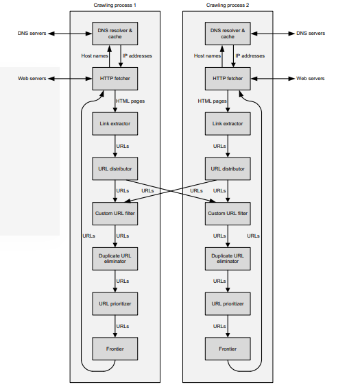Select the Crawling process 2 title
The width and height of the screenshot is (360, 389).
click(x=228, y=5)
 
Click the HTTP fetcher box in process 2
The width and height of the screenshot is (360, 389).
click(x=228, y=79)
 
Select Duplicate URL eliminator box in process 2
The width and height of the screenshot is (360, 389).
click(x=228, y=258)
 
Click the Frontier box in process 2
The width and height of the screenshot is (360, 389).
click(x=228, y=348)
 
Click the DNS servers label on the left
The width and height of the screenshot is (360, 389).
click(x=32, y=34)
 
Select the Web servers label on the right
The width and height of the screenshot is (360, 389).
click(x=310, y=79)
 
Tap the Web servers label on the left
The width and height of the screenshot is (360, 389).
click(x=32, y=79)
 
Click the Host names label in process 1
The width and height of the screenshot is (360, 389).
click(x=94, y=56)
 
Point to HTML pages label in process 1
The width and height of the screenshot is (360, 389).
click(x=130, y=101)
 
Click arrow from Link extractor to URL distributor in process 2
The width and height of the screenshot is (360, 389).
click(x=228, y=146)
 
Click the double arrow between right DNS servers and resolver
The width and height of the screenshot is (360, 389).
click(x=272, y=34)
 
